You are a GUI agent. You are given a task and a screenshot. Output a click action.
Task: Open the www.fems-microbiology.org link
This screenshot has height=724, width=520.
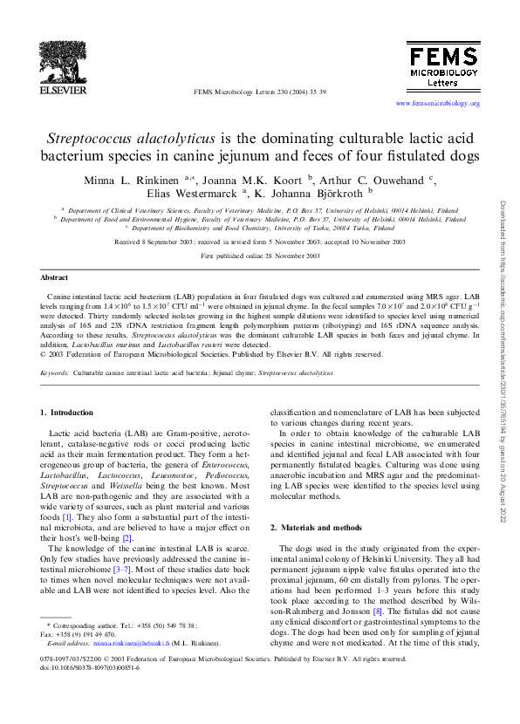click(437, 103)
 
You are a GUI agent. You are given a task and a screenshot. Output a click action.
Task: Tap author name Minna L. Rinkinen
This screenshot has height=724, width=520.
click(131, 180)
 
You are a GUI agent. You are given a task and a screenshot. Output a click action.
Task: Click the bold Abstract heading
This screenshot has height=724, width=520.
click(54, 277)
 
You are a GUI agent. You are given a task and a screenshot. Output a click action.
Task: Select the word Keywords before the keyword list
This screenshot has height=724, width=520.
click(56, 372)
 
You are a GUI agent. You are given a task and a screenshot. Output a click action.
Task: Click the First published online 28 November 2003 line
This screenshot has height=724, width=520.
click(259, 257)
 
